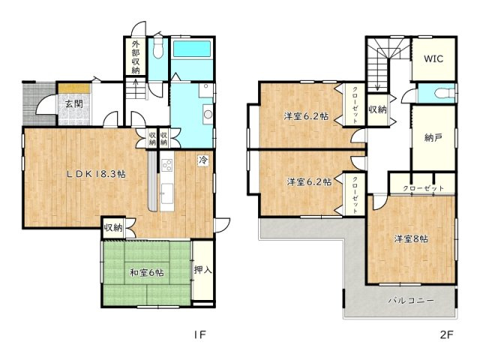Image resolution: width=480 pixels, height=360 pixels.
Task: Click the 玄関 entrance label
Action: [74, 103]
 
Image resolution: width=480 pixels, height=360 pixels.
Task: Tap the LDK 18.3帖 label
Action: [96, 174]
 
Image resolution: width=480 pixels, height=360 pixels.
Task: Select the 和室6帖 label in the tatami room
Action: [147, 272]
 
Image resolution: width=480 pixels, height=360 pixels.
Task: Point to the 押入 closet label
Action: [203, 270]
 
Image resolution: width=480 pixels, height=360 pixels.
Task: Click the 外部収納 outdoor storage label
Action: [136, 57]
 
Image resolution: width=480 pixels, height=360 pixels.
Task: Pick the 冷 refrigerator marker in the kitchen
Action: [202, 160]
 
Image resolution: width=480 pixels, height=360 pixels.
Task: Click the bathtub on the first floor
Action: [192, 49]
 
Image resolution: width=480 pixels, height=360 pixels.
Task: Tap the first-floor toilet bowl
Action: [158, 49]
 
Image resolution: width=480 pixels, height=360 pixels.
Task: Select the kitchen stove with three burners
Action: [166, 166]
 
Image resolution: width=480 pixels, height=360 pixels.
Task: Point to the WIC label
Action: [433, 58]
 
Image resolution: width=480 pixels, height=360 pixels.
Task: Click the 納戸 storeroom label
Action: [433, 138]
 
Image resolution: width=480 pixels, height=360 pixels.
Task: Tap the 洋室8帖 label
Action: [411, 238]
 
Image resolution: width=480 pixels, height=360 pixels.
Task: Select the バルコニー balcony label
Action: [411, 300]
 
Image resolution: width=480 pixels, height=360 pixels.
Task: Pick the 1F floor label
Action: [199, 334]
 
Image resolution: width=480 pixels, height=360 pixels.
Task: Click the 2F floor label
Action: [446, 334]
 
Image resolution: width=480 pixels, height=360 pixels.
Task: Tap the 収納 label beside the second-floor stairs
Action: [378, 109]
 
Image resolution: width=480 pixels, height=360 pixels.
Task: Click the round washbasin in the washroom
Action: [208, 115]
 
